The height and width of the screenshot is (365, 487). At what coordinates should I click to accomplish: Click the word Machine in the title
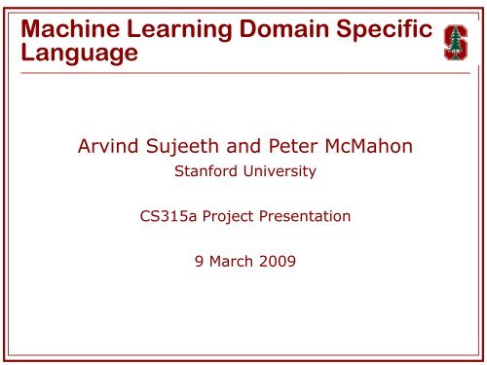[70, 28]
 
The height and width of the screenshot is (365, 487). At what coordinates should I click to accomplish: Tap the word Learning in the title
[179, 31]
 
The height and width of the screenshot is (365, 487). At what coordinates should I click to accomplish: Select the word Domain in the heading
[284, 28]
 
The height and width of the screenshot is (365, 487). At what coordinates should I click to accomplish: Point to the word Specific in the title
[384, 31]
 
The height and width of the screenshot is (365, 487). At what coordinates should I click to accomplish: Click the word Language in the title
[80, 54]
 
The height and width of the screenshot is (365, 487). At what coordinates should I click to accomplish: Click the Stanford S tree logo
[456, 43]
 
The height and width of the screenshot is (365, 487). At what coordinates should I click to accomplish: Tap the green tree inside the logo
[456, 43]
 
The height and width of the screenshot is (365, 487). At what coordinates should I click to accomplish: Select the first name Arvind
[108, 146]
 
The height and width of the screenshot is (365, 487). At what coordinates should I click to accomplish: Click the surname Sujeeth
[182, 147]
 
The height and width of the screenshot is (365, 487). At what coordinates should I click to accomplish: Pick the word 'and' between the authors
[243, 146]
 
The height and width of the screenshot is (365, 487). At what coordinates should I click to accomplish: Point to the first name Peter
[293, 146]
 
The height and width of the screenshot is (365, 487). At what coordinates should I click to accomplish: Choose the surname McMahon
[369, 146]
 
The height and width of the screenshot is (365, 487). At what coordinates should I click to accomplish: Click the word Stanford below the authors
[206, 171]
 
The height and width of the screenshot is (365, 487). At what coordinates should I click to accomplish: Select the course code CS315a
[169, 216]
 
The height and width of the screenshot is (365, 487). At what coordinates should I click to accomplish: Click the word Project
[228, 217]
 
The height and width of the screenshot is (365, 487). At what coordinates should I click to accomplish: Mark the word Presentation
[305, 216]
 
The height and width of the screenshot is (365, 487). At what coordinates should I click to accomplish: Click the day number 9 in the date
[199, 261]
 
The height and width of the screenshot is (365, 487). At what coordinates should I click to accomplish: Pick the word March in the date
[231, 261]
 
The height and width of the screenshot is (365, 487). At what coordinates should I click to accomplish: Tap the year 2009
[278, 261]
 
